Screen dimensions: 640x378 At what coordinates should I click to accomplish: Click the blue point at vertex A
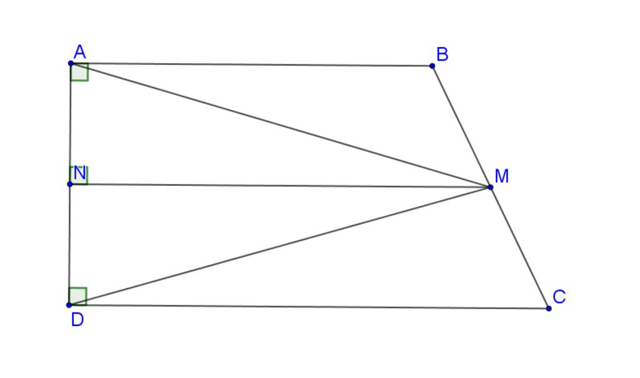pyautogui.click(x=71, y=63)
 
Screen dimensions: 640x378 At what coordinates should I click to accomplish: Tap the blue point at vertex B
pyautogui.click(x=432, y=66)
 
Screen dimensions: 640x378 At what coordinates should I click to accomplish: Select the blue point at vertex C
pyautogui.click(x=549, y=309)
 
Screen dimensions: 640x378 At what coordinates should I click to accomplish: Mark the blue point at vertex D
pyautogui.click(x=69, y=305)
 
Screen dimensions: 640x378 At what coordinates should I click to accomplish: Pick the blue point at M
pyautogui.click(x=490, y=187)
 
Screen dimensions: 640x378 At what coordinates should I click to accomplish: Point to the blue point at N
pyautogui.click(x=70, y=184)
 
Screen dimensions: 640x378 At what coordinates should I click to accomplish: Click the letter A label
pyautogui.click(x=80, y=52)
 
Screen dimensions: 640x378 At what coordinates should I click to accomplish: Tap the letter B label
pyautogui.click(x=442, y=54)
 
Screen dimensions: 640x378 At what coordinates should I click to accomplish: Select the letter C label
pyautogui.click(x=559, y=297)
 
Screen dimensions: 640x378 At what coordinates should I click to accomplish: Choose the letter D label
pyautogui.click(x=77, y=320)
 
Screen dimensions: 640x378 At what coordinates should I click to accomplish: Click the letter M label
pyautogui.click(x=502, y=176)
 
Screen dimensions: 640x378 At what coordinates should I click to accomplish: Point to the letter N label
pyautogui.click(x=80, y=174)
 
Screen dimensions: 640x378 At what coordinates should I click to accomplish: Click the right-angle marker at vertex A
pyautogui.click(x=79, y=73)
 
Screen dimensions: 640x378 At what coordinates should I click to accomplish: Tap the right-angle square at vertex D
pyautogui.click(x=77, y=296)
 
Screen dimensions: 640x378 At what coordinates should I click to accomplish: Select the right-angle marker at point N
pyautogui.click(x=79, y=176)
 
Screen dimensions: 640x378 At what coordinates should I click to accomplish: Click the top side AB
pyautogui.click(x=251, y=64)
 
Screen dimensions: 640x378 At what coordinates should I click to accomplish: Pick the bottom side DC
pyautogui.click(x=309, y=307)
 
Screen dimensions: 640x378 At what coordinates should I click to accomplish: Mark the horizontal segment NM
pyautogui.click(x=280, y=186)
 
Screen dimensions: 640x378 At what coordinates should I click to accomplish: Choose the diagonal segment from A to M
pyautogui.click(x=281, y=125)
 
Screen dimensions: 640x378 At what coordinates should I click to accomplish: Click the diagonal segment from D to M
pyautogui.click(x=279, y=246)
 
